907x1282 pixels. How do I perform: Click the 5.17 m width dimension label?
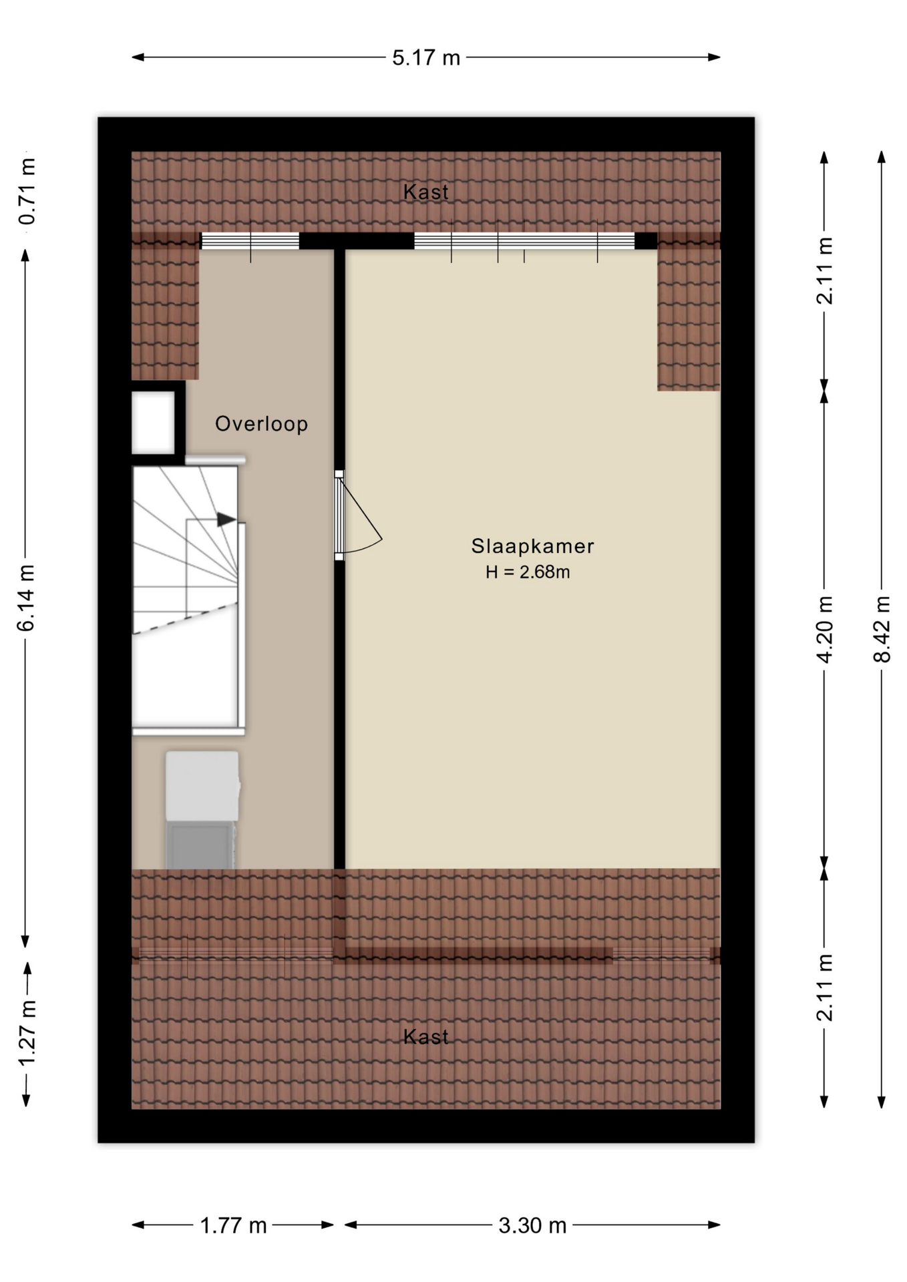coord(426,58)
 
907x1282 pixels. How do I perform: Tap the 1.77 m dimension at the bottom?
coord(233,1225)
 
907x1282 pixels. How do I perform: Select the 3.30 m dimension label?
coord(532,1225)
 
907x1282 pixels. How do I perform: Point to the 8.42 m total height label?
coord(882,629)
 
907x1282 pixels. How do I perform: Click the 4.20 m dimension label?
coord(825,629)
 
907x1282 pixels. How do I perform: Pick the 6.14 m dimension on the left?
coord(26,598)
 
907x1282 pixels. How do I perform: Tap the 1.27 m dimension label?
coord(26,1034)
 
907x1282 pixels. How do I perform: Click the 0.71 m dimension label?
coord(27,192)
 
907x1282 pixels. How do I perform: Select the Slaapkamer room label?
coord(532,546)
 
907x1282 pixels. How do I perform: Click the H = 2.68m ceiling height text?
coord(528,572)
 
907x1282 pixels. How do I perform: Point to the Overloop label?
coord(261,424)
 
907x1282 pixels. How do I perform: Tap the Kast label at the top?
coord(426,192)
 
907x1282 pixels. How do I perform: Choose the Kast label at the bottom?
coord(426,1037)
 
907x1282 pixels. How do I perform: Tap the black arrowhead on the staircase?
coord(226,519)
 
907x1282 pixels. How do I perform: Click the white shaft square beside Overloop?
coord(153,423)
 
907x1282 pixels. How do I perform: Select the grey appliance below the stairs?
coord(202,810)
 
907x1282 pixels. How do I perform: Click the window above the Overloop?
coord(250,240)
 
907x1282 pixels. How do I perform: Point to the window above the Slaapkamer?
coord(524,240)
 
